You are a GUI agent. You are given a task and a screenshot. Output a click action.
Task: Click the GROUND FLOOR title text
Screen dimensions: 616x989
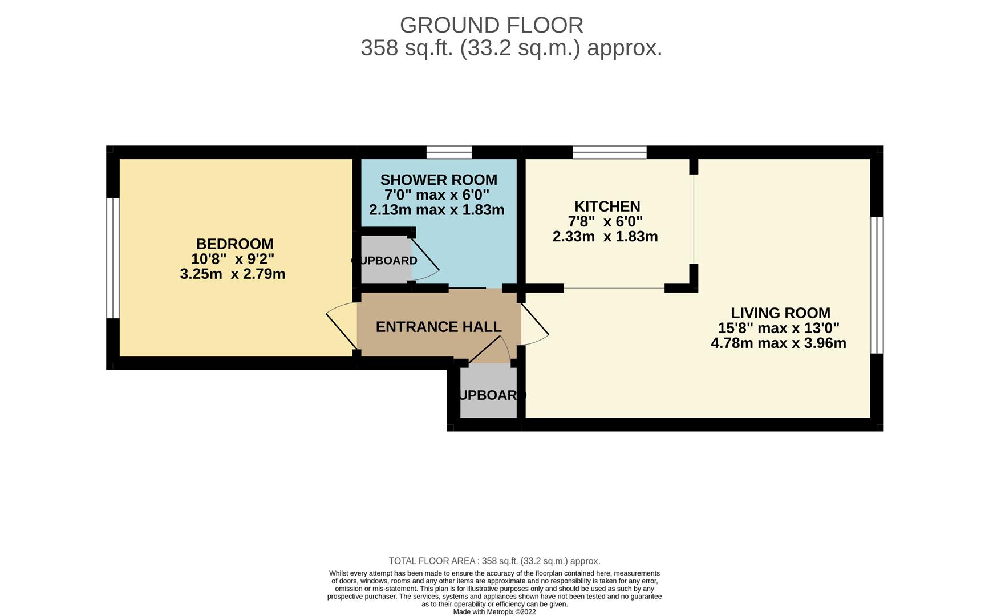(x=491, y=25)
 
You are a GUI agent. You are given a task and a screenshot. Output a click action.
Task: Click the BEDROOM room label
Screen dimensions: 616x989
(x=234, y=244)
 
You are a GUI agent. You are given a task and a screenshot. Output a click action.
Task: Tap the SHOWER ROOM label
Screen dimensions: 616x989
(x=439, y=180)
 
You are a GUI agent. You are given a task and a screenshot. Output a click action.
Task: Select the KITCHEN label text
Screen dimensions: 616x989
(x=607, y=206)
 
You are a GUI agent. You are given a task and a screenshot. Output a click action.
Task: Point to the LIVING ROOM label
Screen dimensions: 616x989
(x=780, y=313)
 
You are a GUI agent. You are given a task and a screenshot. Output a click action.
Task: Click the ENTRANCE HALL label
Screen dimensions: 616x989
(x=439, y=327)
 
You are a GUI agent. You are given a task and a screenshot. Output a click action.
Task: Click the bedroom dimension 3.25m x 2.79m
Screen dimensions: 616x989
(x=233, y=274)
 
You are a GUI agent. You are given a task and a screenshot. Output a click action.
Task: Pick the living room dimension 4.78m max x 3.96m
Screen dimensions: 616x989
(x=778, y=343)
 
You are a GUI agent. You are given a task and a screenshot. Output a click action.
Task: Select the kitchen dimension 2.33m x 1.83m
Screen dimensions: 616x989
(x=605, y=237)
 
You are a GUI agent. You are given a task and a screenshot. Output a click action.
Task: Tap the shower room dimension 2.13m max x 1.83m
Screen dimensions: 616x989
(x=436, y=210)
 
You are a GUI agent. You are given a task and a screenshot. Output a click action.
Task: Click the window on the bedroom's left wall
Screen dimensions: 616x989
(x=113, y=258)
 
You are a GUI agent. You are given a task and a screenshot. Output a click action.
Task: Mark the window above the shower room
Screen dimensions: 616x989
(x=449, y=152)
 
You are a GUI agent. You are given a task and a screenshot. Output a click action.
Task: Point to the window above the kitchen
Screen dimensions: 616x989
(x=609, y=152)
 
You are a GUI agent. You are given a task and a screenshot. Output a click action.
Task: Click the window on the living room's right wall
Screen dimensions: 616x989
(x=877, y=285)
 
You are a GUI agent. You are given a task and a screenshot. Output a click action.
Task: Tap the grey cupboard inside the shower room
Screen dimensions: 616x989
(x=386, y=260)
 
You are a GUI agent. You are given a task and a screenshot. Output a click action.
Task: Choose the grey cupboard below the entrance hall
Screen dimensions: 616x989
(x=488, y=394)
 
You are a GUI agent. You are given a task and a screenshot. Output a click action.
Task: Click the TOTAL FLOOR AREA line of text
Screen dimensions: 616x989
(x=494, y=561)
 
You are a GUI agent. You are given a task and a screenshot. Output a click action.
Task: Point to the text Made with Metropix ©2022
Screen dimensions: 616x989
(x=494, y=612)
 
